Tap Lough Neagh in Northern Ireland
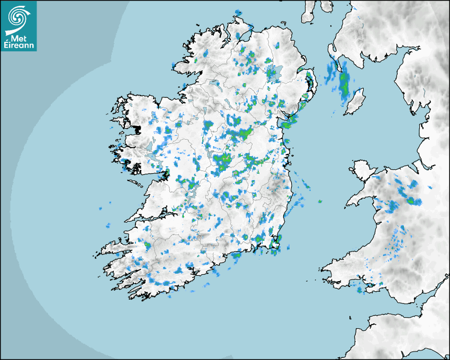[x=274, y=73]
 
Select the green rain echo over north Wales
[x=412, y=200]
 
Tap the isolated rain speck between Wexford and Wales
[x=319, y=201]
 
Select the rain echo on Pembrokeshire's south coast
[x=361, y=290]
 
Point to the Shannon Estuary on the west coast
[x=151, y=217]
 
